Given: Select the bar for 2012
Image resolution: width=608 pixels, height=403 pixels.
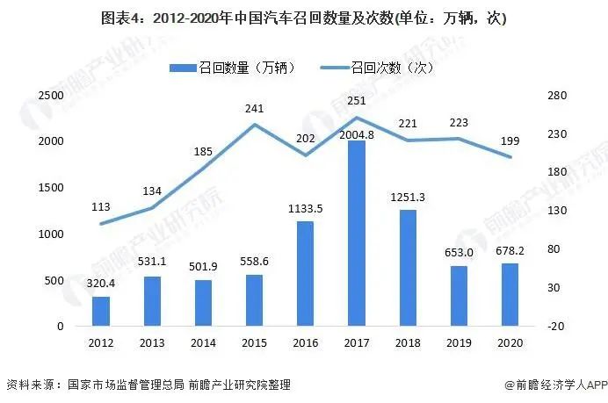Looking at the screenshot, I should pyautogui.click(x=102, y=311).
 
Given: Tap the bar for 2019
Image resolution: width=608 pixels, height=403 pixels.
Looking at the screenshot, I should pyautogui.click(x=457, y=296).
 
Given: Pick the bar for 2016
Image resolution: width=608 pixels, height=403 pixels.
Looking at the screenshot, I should pyautogui.click(x=305, y=273).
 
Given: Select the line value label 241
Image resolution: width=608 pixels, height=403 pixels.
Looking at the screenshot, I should pyautogui.click(x=254, y=109).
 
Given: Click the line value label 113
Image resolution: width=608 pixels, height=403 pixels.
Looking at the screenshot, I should pyautogui.click(x=102, y=207).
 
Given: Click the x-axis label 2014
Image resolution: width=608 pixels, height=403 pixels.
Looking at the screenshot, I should pyautogui.click(x=203, y=343).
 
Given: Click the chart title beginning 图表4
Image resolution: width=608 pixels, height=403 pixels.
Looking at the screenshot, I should pyautogui.click(x=303, y=18).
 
